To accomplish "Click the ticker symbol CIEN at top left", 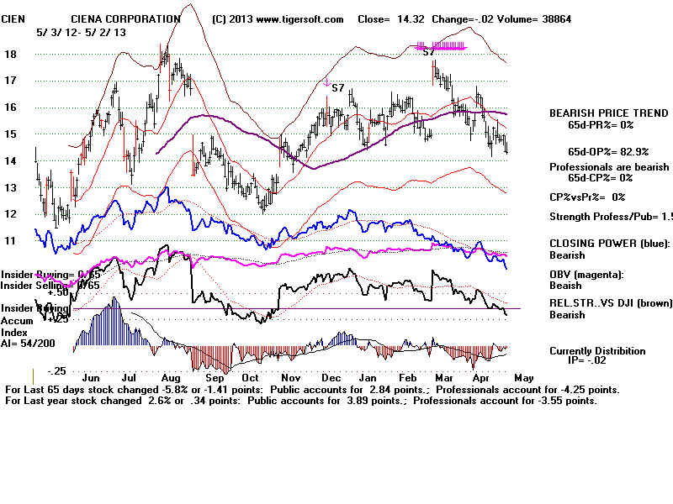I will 13,18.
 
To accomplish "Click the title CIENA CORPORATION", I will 125,18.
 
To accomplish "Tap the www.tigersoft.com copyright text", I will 278,18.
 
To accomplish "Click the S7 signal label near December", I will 338,87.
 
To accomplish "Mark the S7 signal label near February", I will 429,51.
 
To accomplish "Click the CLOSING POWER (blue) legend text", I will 608,244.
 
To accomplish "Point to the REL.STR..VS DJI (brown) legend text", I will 610,303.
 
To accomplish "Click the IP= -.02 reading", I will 597,361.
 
